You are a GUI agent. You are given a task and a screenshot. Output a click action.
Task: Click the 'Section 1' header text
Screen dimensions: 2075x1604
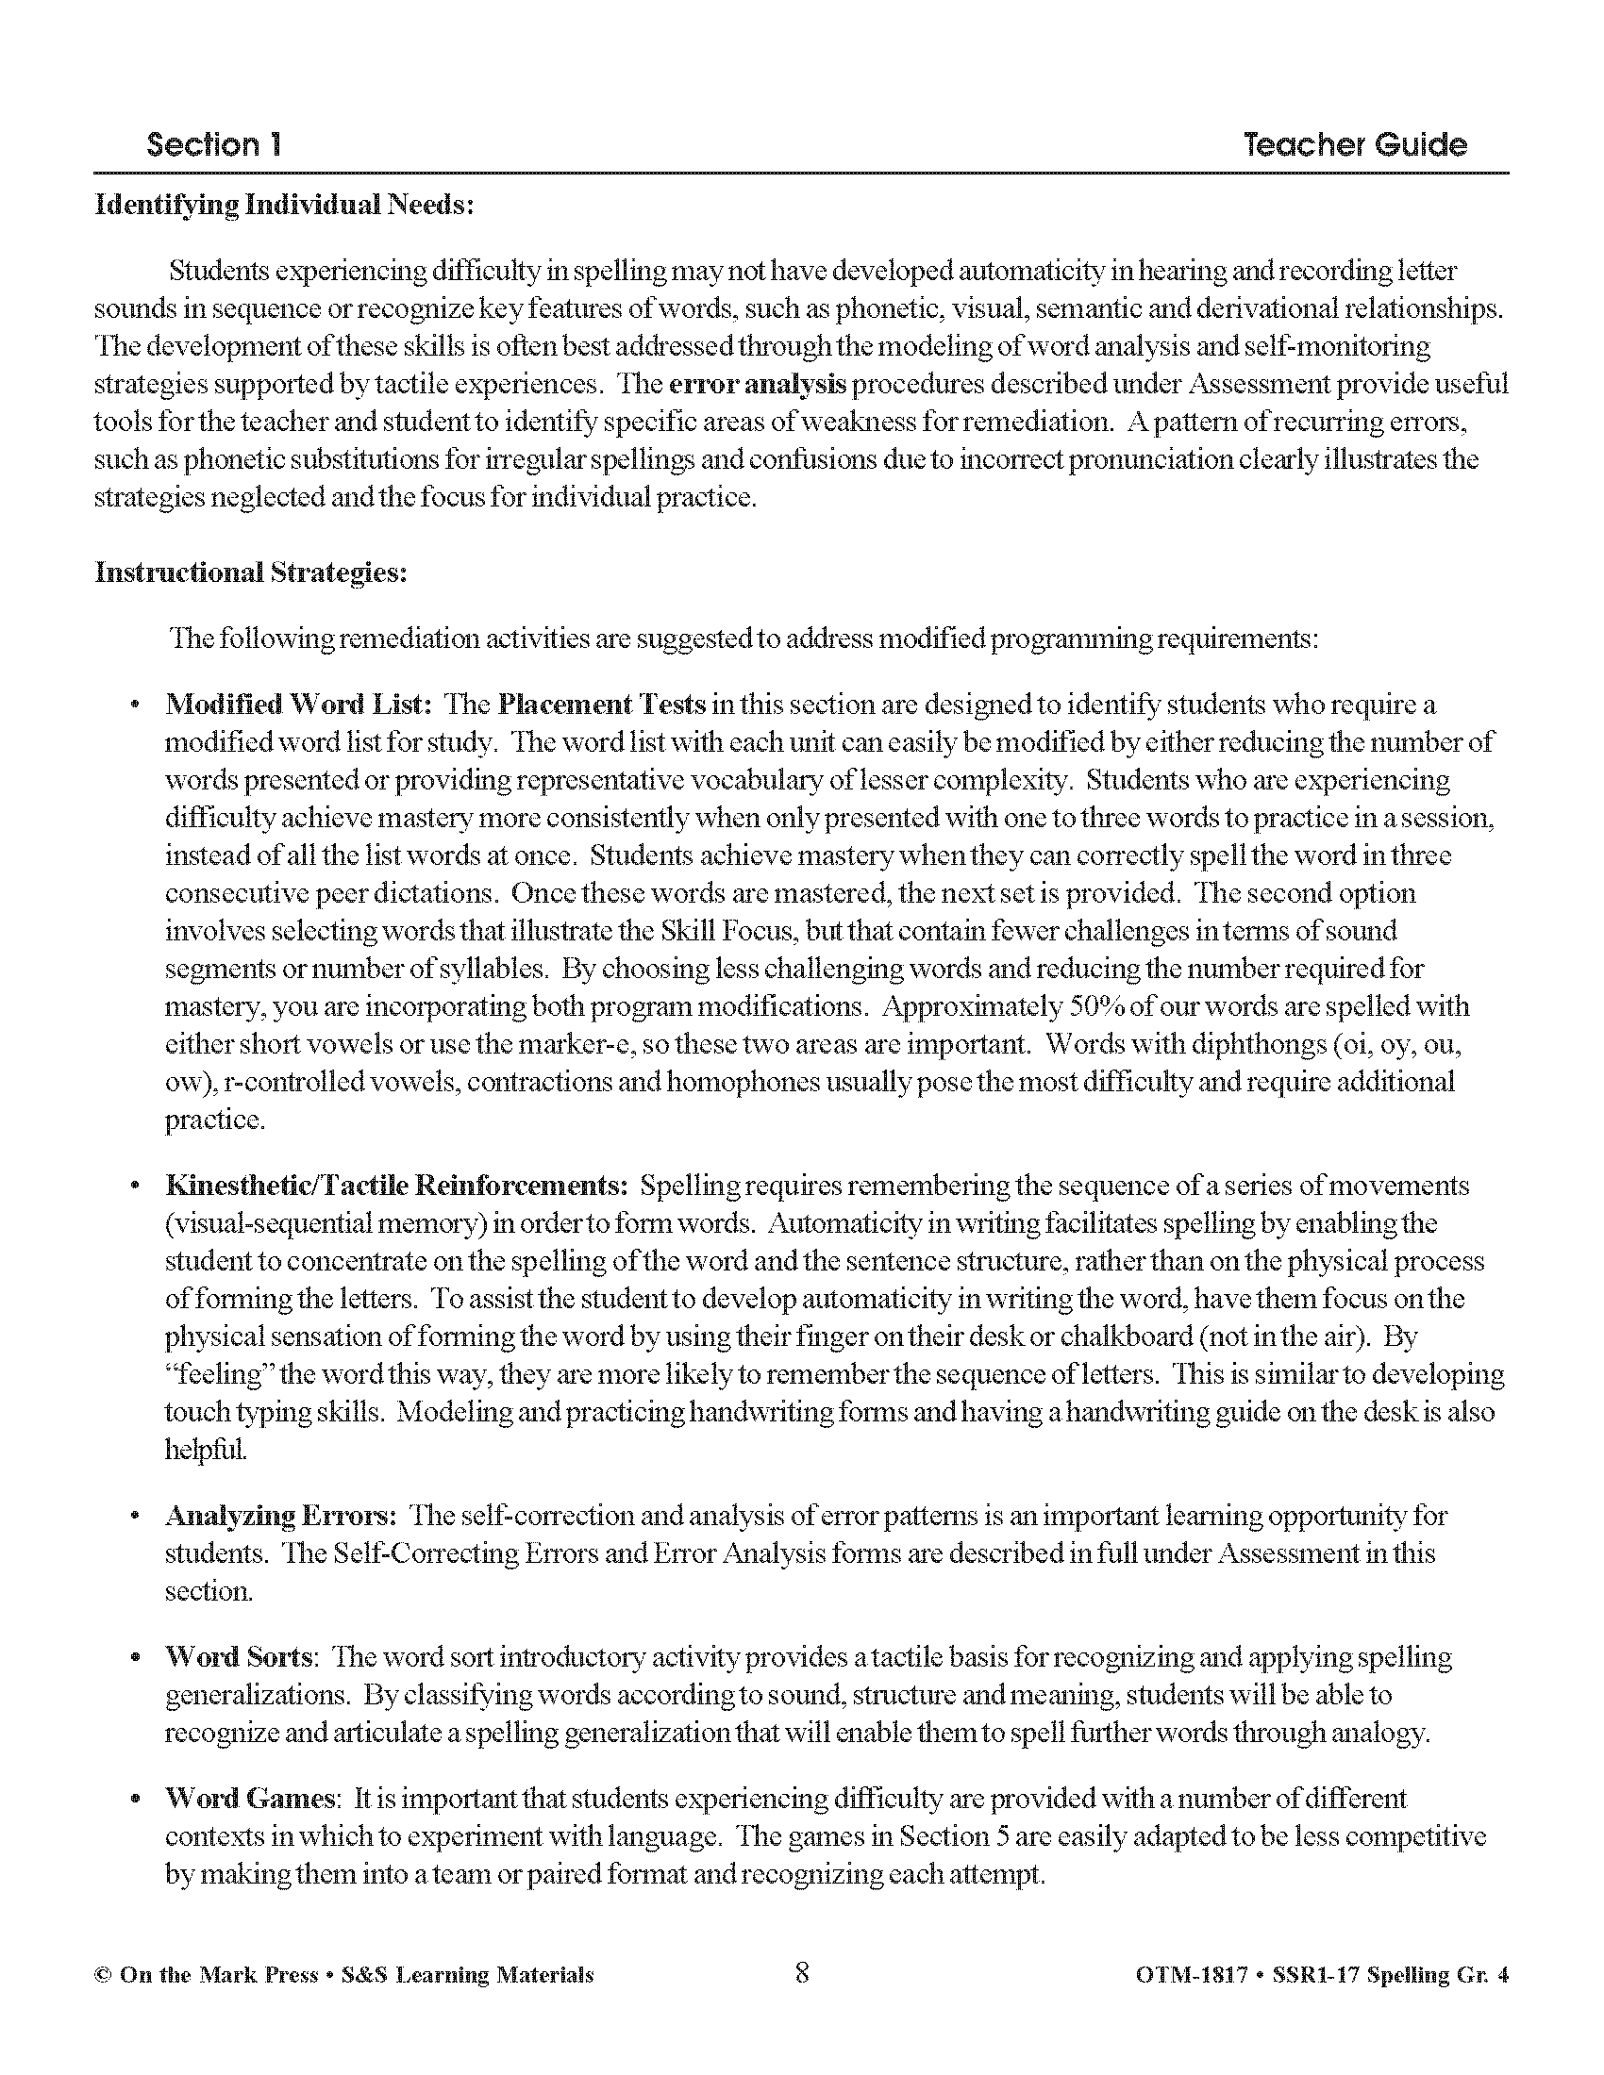click(214, 144)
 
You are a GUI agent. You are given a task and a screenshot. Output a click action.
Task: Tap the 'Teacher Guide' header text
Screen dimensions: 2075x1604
click(1354, 144)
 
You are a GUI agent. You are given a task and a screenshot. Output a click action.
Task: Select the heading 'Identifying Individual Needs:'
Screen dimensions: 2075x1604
click(284, 206)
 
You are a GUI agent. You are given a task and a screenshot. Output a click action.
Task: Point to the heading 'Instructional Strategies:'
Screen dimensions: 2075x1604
click(251, 573)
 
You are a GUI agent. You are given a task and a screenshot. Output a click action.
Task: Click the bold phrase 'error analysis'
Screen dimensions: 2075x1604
click(758, 385)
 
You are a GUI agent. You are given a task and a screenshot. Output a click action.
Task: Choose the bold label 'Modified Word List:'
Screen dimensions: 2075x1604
click(299, 705)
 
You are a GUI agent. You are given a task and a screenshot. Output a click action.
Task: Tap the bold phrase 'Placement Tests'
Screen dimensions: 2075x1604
click(602, 705)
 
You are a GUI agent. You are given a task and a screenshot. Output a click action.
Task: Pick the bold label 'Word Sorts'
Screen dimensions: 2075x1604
click(239, 1657)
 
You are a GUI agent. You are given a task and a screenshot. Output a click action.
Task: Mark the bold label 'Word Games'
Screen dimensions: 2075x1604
click(250, 1799)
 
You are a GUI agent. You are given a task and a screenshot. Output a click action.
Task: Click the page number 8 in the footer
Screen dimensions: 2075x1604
click(802, 1973)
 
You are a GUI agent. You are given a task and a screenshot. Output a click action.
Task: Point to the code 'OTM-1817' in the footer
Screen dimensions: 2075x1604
click(1191, 1975)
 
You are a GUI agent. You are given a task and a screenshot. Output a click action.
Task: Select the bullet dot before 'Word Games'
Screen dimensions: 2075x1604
click(137, 1800)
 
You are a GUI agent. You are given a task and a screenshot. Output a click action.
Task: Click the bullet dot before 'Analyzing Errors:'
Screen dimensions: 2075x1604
click(137, 1517)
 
